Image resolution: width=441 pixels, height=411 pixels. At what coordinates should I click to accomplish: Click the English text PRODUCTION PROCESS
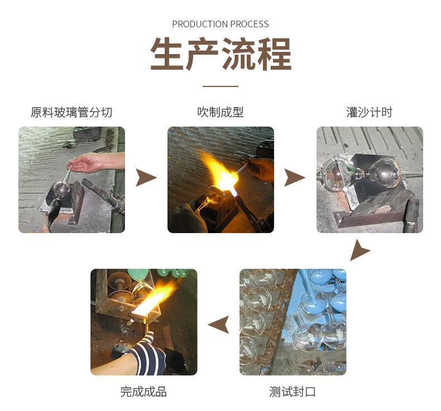coord(220,24)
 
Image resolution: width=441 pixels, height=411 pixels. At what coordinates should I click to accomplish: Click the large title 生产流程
coord(220,55)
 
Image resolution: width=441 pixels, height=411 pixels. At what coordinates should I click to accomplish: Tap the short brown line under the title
coord(220,86)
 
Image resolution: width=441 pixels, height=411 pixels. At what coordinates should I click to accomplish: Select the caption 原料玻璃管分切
coord(71,112)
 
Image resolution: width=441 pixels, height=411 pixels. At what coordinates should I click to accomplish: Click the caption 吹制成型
coord(220,112)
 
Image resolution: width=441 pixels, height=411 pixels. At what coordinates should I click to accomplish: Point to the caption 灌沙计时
coord(369,112)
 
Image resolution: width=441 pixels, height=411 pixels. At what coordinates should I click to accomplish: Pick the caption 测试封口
coord(293,391)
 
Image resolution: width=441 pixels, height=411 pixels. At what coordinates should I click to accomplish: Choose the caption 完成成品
coord(143,391)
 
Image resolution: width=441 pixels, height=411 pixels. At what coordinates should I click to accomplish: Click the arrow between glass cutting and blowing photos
coord(146,178)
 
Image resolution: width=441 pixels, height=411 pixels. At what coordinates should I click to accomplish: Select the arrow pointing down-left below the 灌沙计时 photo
coord(359,251)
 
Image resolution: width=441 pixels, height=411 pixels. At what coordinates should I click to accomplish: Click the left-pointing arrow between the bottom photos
coord(219,323)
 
